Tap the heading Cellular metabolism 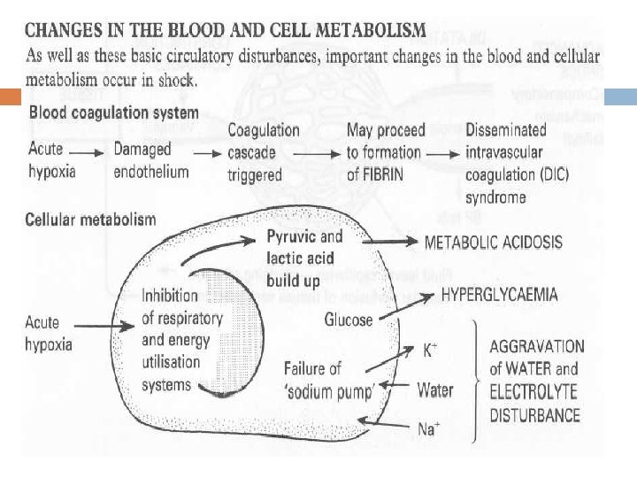click(x=91, y=219)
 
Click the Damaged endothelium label click(x=150, y=160)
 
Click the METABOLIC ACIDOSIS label click(x=494, y=242)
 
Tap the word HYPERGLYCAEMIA click(x=499, y=293)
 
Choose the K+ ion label click(x=429, y=351)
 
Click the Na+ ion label click(x=427, y=429)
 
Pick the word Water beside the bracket click(x=434, y=389)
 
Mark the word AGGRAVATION click(x=537, y=346)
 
